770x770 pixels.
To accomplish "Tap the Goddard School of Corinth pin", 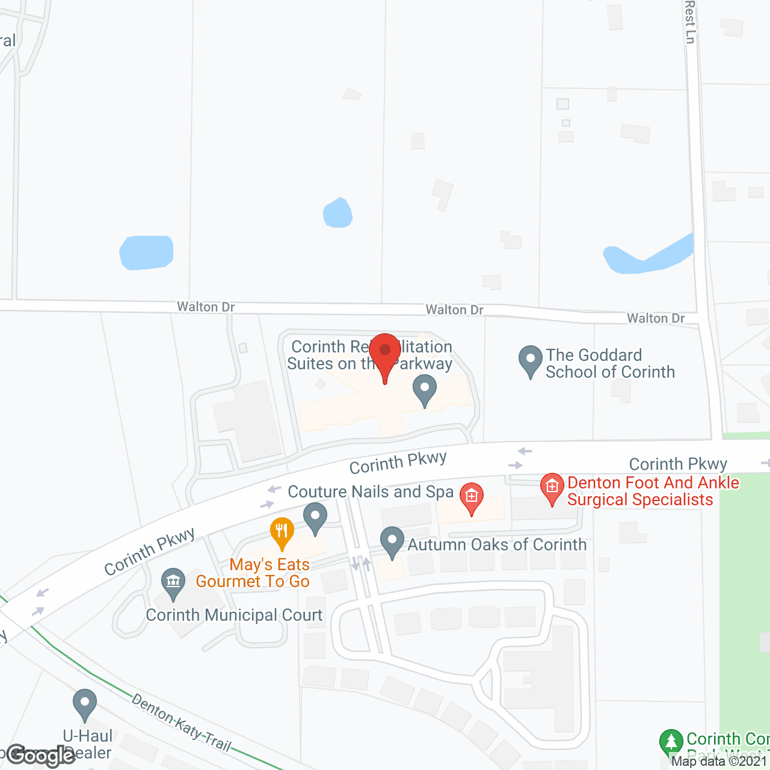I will tap(530, 360).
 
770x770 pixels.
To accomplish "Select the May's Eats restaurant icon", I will tap(282, 532).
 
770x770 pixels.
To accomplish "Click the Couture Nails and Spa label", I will tap(371, 492).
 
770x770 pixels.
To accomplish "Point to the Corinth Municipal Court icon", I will tap(173, 583).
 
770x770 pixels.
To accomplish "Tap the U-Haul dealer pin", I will tap(85, 704).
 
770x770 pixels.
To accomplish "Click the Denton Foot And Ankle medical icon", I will tap(552, 488).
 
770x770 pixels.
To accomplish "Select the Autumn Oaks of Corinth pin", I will tap(392, 541).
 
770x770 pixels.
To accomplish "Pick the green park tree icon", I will tap(671, 742).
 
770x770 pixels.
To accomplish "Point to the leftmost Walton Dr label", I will tap(206, 307).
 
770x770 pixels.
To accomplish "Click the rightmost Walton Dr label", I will tap(656, 318).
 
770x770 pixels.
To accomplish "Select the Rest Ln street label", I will tap(690, 22).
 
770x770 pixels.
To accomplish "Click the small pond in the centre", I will tap(337, 214).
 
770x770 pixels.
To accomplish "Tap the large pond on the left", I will tap(147, 253).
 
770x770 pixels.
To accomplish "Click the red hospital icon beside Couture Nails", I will tap(472, 497).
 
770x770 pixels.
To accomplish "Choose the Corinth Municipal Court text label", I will tap(234, 615).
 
